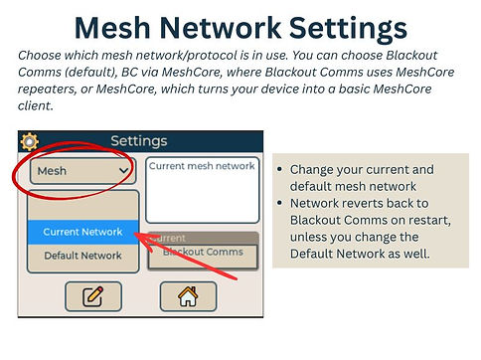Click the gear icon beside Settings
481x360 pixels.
(30, 141)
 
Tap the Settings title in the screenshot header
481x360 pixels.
(138, 141)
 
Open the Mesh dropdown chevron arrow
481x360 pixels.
(123, 171)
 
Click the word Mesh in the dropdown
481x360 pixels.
(52, 171)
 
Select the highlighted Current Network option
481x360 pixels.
(82, 232)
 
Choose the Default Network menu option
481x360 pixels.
(82, 256)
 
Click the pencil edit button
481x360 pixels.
(93, 295)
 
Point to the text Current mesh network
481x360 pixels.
(202, 166)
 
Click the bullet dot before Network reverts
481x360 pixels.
(282, 203)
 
